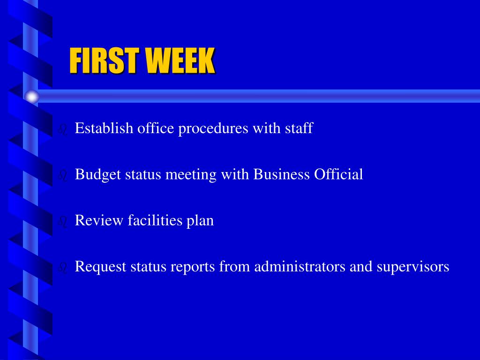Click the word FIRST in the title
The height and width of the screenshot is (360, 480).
[x=105, y=60]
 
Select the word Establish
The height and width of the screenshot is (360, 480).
[x=104, y=128]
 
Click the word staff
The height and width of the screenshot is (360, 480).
[x=299, y=128]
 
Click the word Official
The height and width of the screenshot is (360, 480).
[x=338, y=174]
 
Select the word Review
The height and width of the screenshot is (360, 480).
[x=99, y=220]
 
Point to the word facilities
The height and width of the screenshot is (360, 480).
[x=155, y=220]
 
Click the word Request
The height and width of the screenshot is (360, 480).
[x=101, y=267]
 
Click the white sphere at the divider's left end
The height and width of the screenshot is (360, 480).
[x=32, y=97]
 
